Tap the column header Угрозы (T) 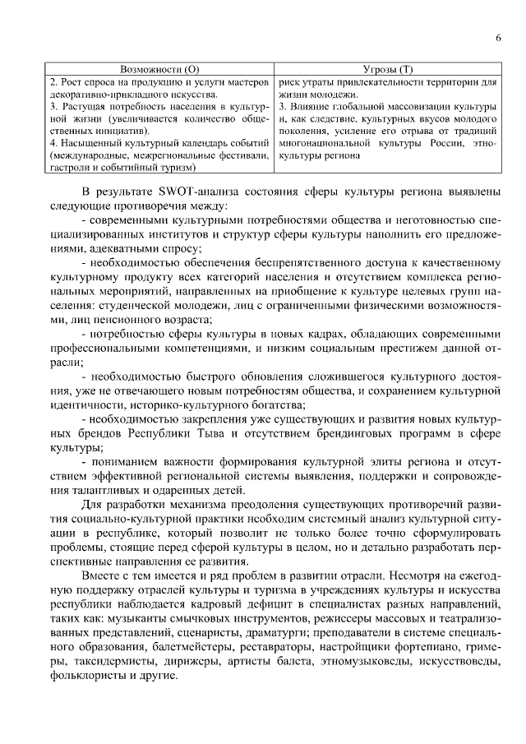point(388,72)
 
